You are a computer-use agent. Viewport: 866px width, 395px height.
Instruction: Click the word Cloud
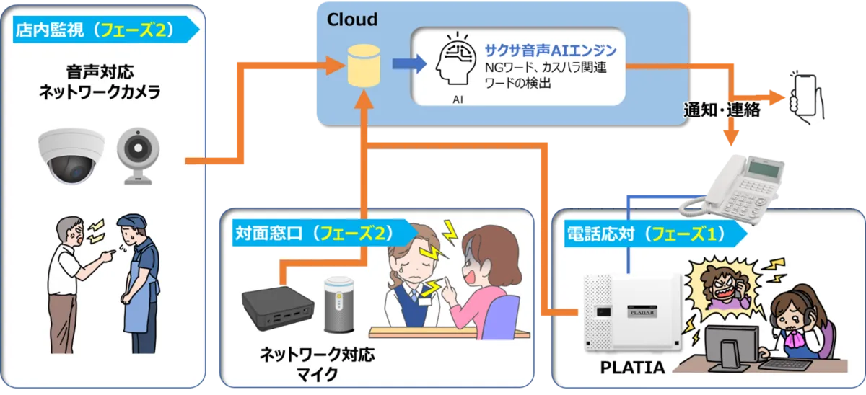pos(352,19)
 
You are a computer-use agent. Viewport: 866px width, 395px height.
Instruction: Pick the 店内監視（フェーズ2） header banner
pos(101,30)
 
